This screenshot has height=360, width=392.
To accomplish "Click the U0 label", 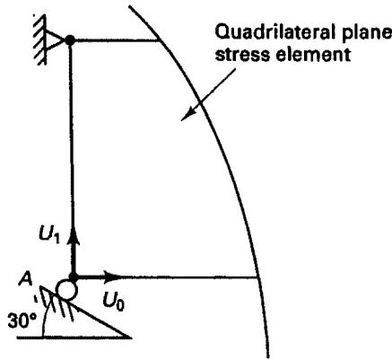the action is (x=114, y=302).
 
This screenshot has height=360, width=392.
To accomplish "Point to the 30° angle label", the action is (x=22, y=320).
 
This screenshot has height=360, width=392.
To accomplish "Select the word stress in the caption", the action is (x=243, y=55).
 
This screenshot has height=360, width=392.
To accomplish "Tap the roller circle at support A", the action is (x=67, y=290).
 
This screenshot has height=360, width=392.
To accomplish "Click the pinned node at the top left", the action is (x=70, y=40).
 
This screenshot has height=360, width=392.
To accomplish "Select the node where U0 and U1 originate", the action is (x=74, y=276).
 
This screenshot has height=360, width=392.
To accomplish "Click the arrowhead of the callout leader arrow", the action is (x=187, y=116).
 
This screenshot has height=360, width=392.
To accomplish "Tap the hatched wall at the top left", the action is (x=39, y=40).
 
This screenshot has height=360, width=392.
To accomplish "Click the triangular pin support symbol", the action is (x=56, y=40).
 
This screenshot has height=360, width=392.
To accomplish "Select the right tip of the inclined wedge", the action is (x=132, y=338).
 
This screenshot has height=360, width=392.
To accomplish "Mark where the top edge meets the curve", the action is (x=160, y=40).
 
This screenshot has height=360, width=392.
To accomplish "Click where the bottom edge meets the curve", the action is (x=257, y=278).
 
